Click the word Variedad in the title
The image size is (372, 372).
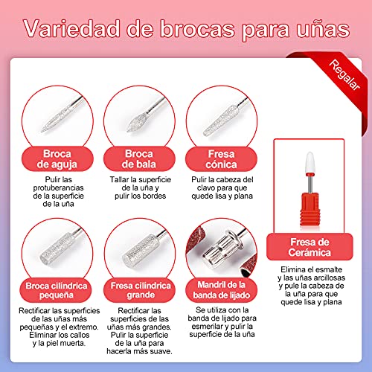(72, 29)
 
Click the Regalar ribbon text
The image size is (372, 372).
(344, 74)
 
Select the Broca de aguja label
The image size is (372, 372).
(57, 159)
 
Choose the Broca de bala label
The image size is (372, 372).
(139, 159)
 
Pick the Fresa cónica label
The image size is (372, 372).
(221, 159)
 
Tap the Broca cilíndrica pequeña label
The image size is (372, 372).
(57, 290)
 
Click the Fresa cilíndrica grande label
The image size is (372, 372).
(141, 290)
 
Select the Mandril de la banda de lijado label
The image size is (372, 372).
(221, 290)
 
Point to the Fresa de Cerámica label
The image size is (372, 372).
(310, 247)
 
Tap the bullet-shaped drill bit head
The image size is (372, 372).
(137, 122)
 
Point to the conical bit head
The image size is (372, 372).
(221, 121)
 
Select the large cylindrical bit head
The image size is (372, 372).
(140, 250)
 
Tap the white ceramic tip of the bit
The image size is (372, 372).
(310, 162)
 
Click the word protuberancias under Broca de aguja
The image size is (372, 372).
(58, 187)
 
